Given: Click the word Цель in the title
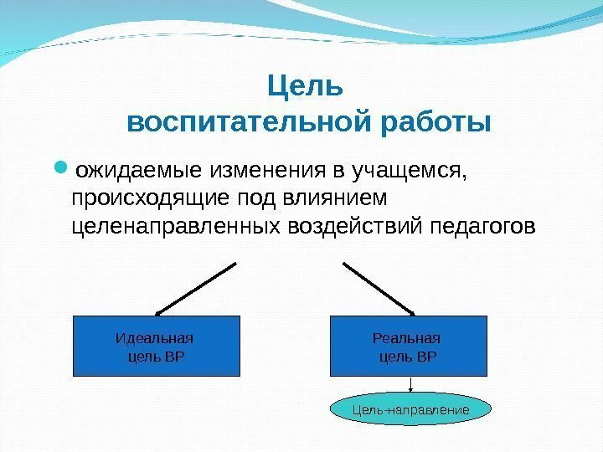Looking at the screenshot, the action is tap(305, 86).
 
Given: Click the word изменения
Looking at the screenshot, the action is tap(256, 172).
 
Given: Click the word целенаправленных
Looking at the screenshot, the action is tap(177, 227).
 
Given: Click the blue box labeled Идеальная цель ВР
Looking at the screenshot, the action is tap(157, 345).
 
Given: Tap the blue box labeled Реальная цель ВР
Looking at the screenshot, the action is tap(409, 345).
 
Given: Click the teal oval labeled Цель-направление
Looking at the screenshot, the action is tap(409, 410).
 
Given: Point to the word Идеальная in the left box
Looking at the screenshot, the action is tap(153, 338).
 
